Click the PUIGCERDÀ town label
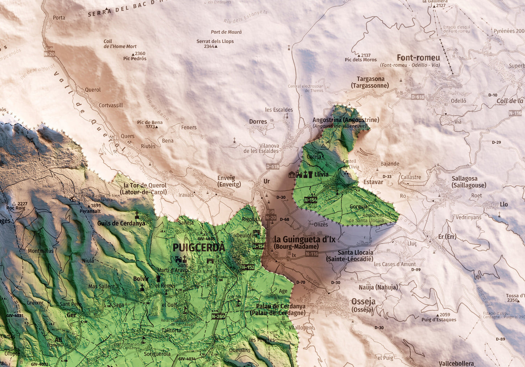coord(199,248)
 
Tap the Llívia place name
coord(321,174)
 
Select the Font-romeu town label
coord(418,58)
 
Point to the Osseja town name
coord(363,302)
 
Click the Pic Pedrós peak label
coord(135,58)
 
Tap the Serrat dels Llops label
coord(215,41)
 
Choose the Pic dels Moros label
coord(361,60)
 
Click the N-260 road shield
coord(218,316)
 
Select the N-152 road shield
coord(248,267)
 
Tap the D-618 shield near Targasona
coord(418,97)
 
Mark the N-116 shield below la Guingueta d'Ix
coord(312,254)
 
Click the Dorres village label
coord(258,122)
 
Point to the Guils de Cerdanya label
coord(121,223)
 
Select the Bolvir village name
coord(141,279)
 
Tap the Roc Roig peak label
coord(16,208)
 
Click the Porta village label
coord(59,17)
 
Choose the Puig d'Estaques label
coord(439,320)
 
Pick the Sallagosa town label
coord(464,178)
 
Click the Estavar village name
coord(373,182)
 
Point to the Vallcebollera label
coord(456,363)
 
